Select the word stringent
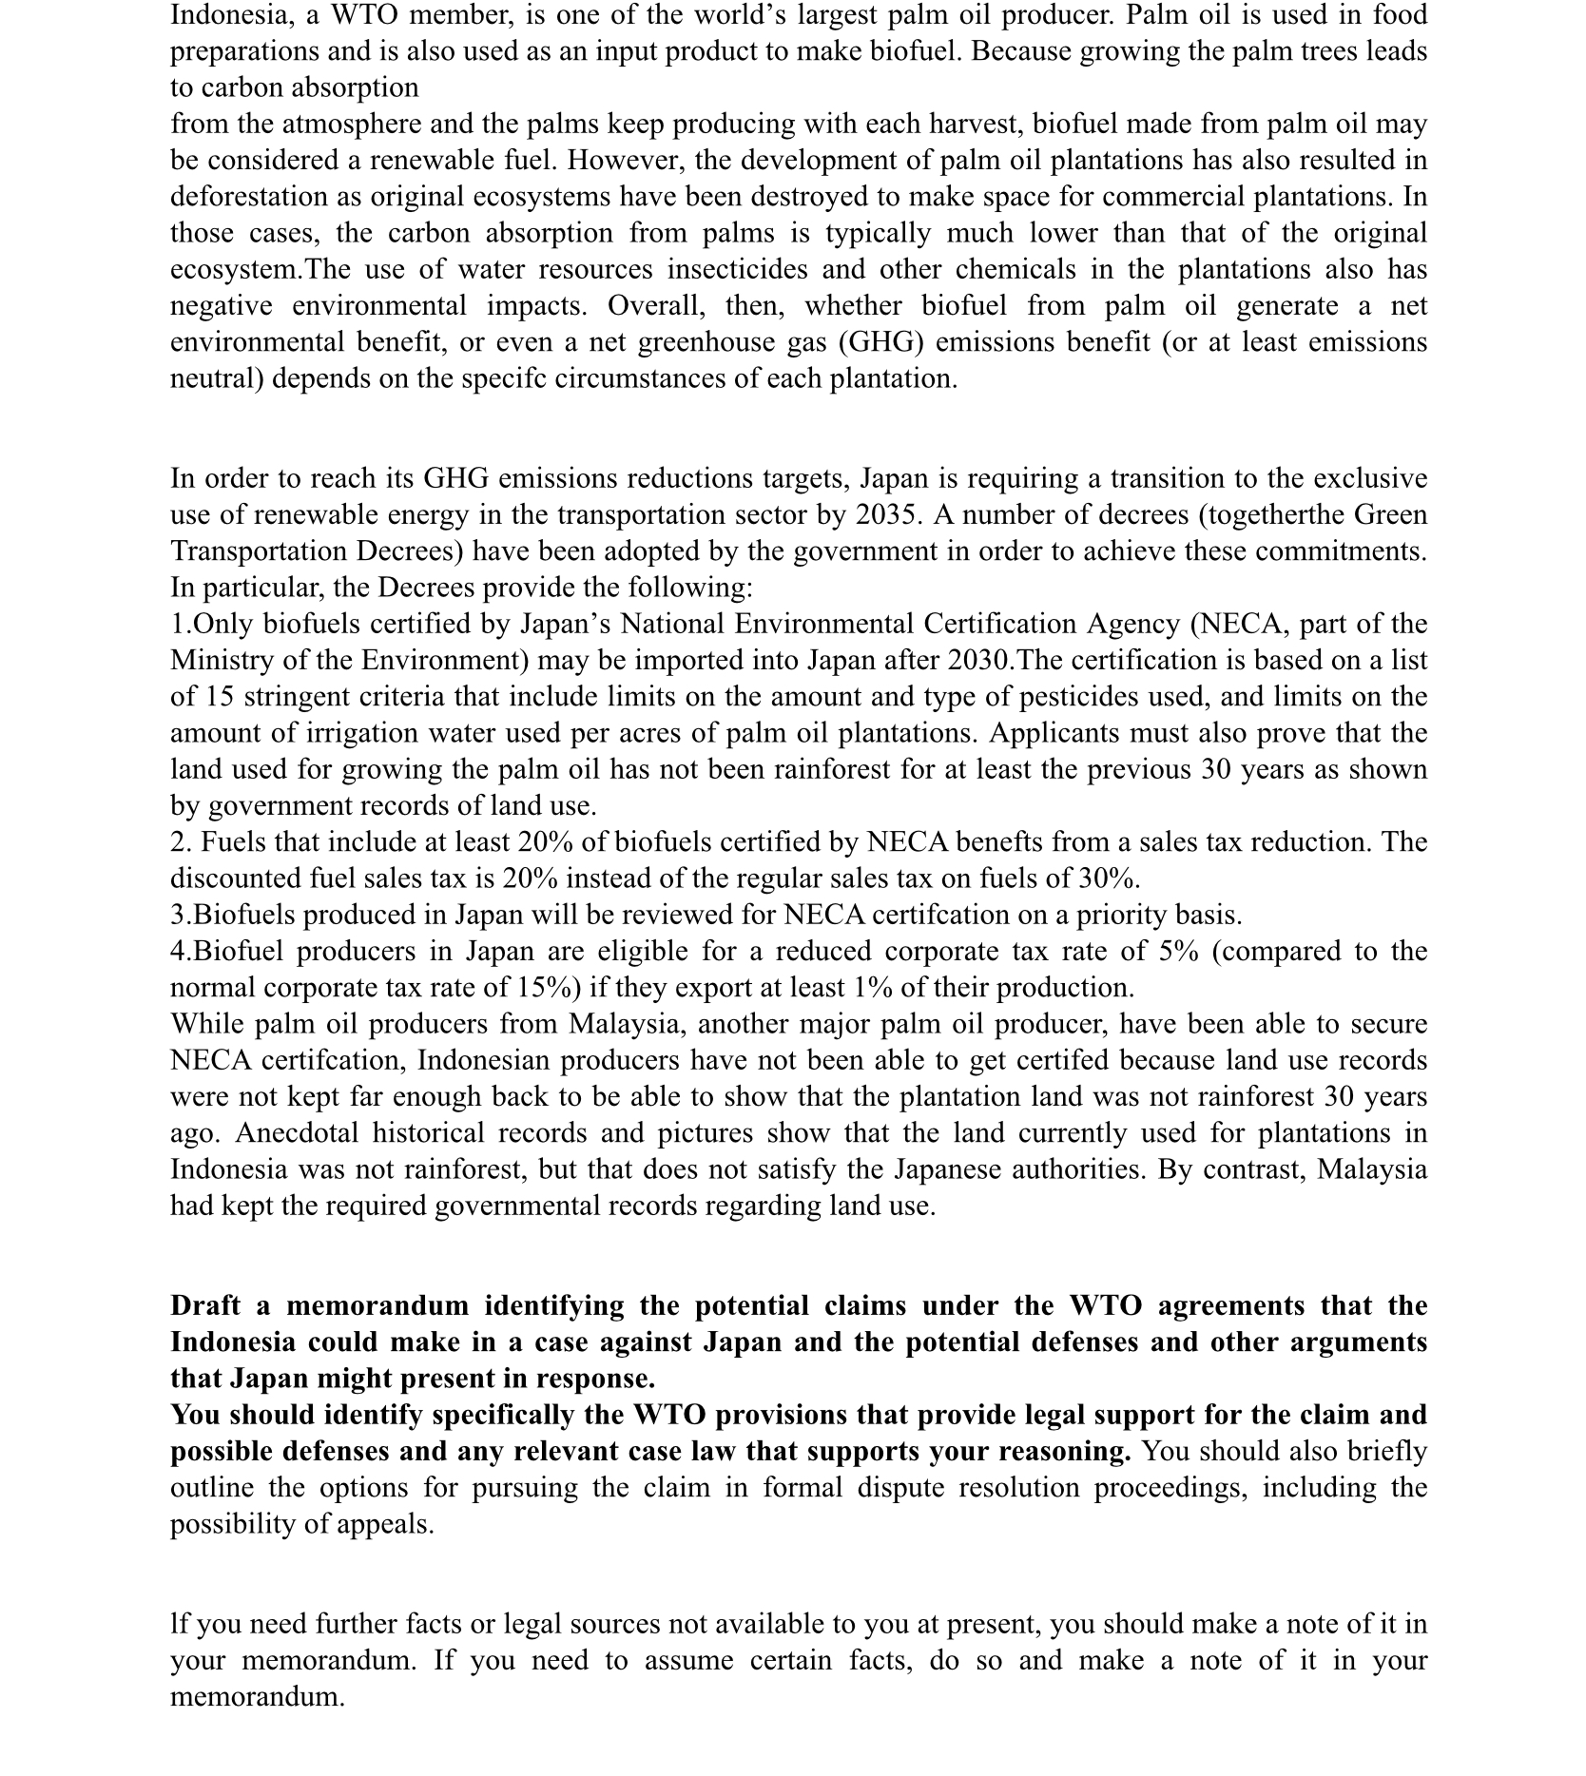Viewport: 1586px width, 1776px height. [296, 696]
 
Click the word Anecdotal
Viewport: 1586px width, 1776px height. [296, 1133]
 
